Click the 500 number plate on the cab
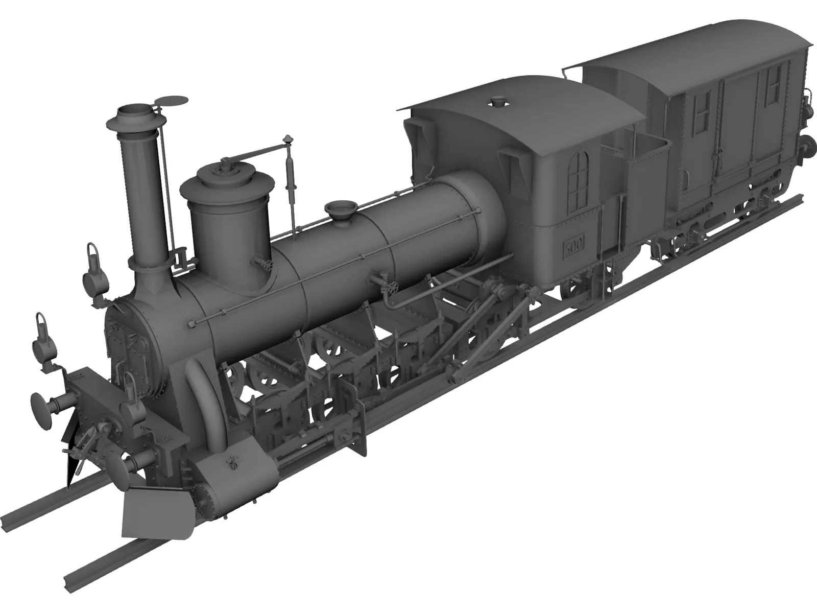point(574,246)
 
